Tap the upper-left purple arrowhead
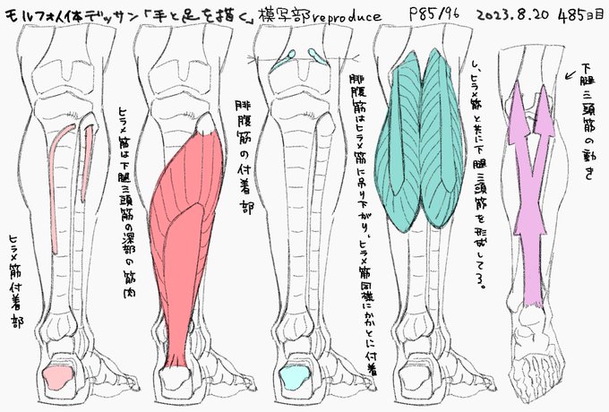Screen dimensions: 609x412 pos(518,116)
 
